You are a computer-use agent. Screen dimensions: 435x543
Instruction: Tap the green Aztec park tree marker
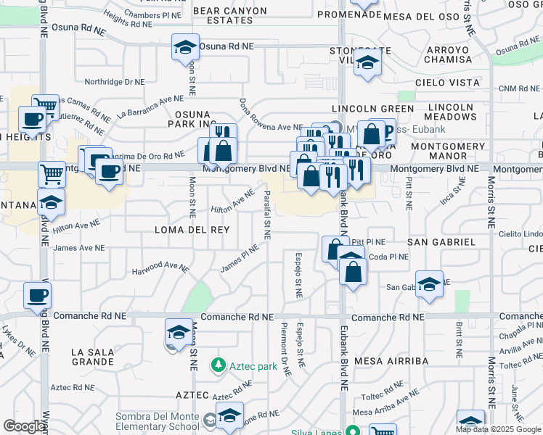[217, 365]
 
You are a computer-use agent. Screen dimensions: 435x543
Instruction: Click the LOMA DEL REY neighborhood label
[192, 230]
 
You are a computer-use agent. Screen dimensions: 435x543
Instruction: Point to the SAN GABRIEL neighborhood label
[441, 241]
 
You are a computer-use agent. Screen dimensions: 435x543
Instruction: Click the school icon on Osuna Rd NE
[185, 47]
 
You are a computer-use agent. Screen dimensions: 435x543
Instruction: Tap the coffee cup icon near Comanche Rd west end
[37, 295]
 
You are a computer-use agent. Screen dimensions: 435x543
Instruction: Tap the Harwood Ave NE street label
[160, 269]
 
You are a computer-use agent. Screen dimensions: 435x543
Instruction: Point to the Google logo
[25, 426]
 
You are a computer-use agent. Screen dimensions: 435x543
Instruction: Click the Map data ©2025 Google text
[498, 429]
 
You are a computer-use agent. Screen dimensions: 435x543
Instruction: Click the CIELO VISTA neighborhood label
[447, 83]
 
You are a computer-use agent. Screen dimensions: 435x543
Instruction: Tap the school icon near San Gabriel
[429, 284]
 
